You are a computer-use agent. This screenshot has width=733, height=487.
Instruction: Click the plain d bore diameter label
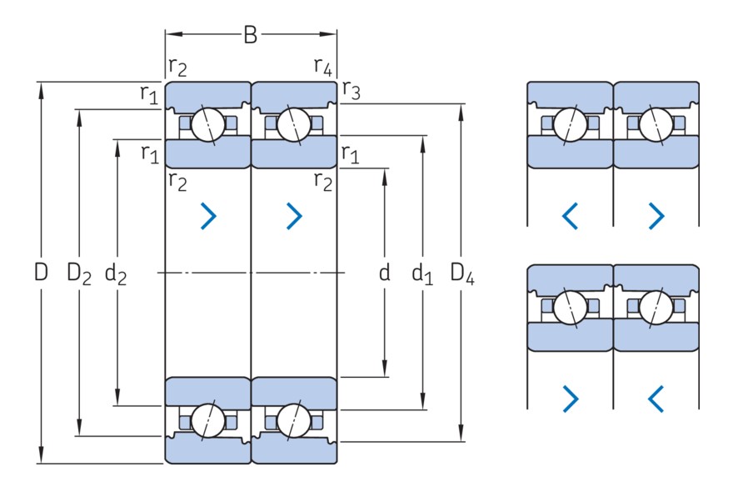pos(384,272)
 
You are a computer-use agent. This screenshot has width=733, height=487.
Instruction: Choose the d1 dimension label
pos(423,273)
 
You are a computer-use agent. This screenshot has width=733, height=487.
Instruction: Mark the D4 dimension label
pos(462,273)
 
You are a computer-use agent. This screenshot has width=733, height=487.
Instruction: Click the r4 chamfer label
pos(323,66)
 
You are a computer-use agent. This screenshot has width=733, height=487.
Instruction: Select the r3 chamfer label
pos(351,92)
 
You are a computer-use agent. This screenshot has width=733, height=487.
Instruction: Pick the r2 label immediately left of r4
pos(177,67)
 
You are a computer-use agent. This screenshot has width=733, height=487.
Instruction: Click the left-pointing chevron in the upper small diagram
pos(570,217)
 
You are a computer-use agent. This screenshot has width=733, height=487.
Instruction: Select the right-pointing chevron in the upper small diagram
pos(656,217)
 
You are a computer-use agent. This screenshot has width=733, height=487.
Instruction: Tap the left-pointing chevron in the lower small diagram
pos(656,399)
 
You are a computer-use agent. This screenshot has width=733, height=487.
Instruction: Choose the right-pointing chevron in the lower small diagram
pos(570,399)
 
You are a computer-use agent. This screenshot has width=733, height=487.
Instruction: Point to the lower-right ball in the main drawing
pos(292,419)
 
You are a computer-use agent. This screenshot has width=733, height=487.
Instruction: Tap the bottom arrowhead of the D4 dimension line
pos(462,436)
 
